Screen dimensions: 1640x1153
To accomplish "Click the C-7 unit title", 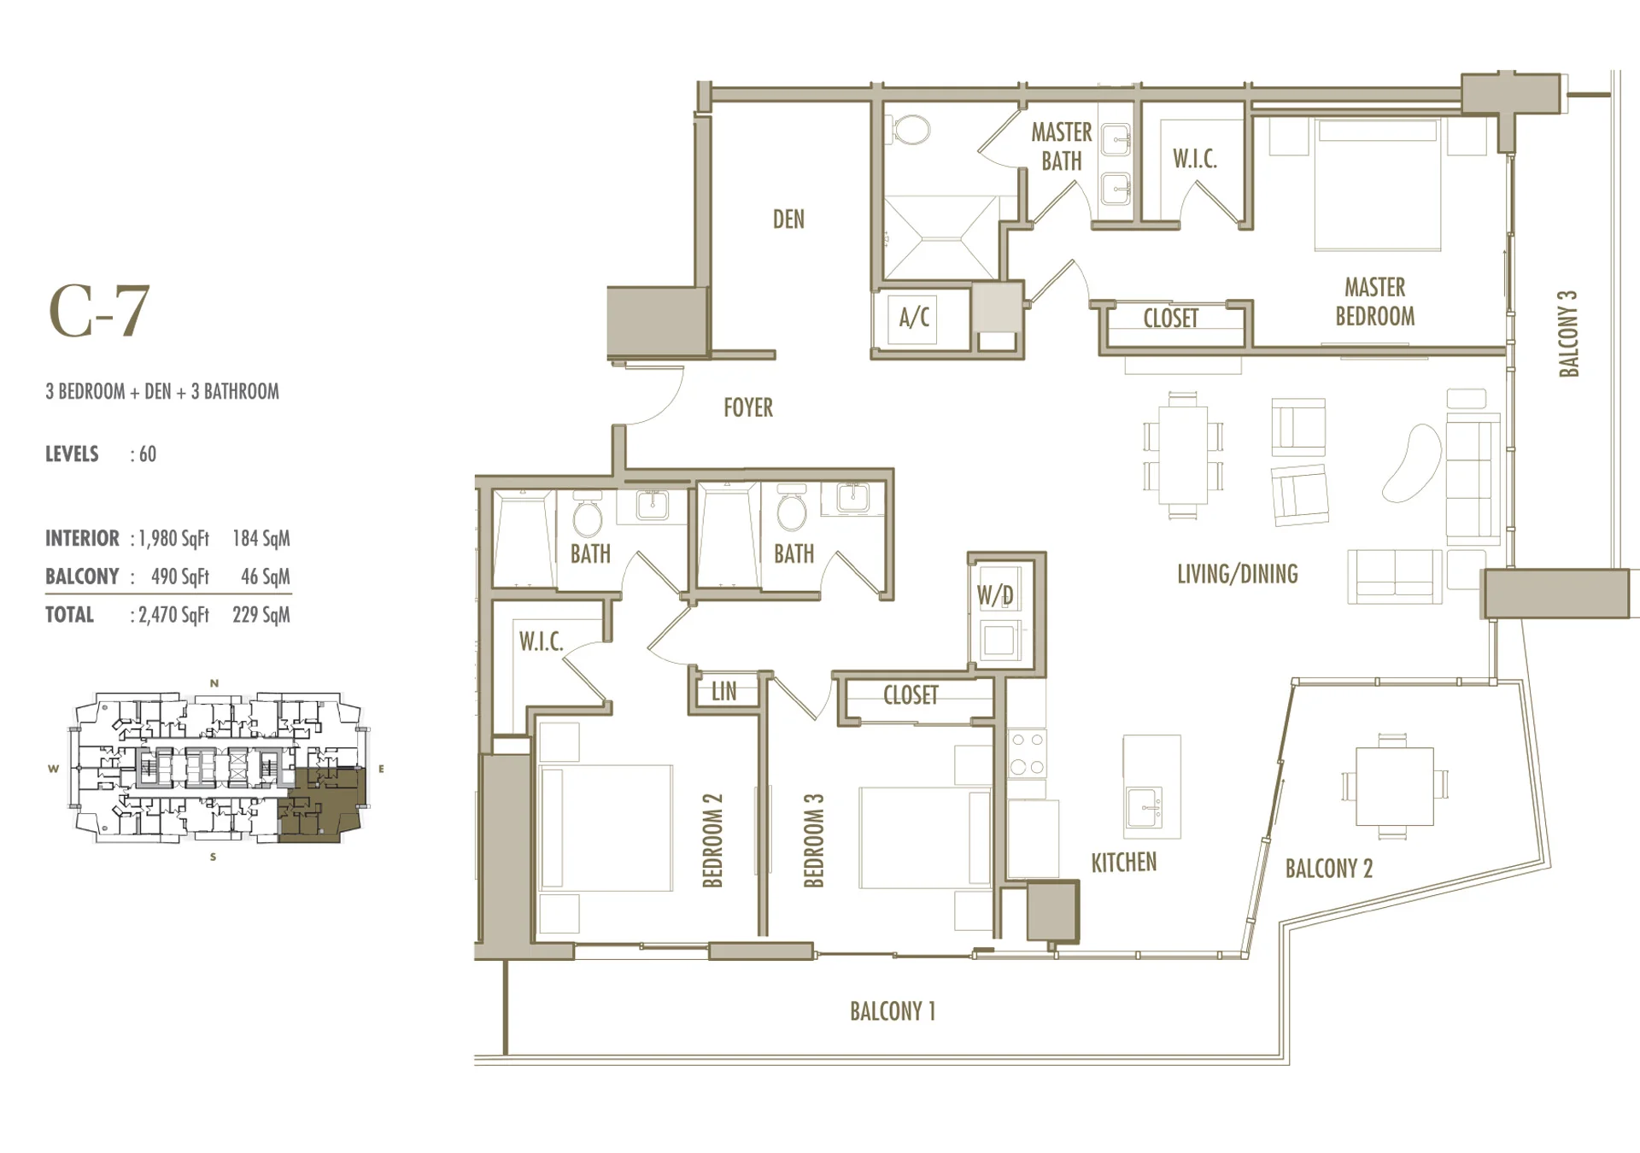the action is point(99,311).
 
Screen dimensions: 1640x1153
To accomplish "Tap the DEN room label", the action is point(788,219).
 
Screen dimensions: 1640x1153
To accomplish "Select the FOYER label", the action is point(748,407).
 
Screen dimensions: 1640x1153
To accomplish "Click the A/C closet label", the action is point(914,318).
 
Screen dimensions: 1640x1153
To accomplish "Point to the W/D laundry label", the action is point(996,595).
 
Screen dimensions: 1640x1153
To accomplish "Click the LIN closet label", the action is point(723,691).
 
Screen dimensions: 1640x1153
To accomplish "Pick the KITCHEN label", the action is point(1123,863).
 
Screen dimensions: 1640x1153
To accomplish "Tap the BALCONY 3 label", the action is point(1568,334).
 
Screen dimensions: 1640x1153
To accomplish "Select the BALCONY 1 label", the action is point(893,1011).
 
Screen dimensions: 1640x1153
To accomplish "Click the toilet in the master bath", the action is point(911,131).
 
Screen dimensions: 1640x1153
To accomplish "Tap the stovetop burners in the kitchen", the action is point(1027,753).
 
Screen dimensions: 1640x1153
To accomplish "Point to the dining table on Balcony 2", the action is point(1394,786).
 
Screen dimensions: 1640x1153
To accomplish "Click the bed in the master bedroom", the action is point(1378,184).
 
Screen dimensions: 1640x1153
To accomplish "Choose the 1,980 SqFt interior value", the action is point(173,539).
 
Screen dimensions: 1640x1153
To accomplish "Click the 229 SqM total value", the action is point(261,615).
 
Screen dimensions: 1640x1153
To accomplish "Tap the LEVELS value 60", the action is point(148,454).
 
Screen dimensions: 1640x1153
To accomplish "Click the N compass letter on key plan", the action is point(214,683).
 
